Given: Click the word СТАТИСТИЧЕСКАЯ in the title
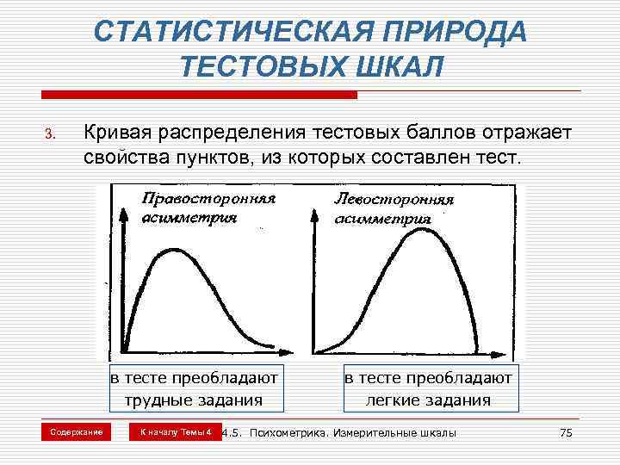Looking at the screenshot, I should [x=225, y=33].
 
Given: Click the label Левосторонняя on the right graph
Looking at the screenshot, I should [x=393, y=199].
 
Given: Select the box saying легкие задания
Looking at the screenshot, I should [x=428, y=388].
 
